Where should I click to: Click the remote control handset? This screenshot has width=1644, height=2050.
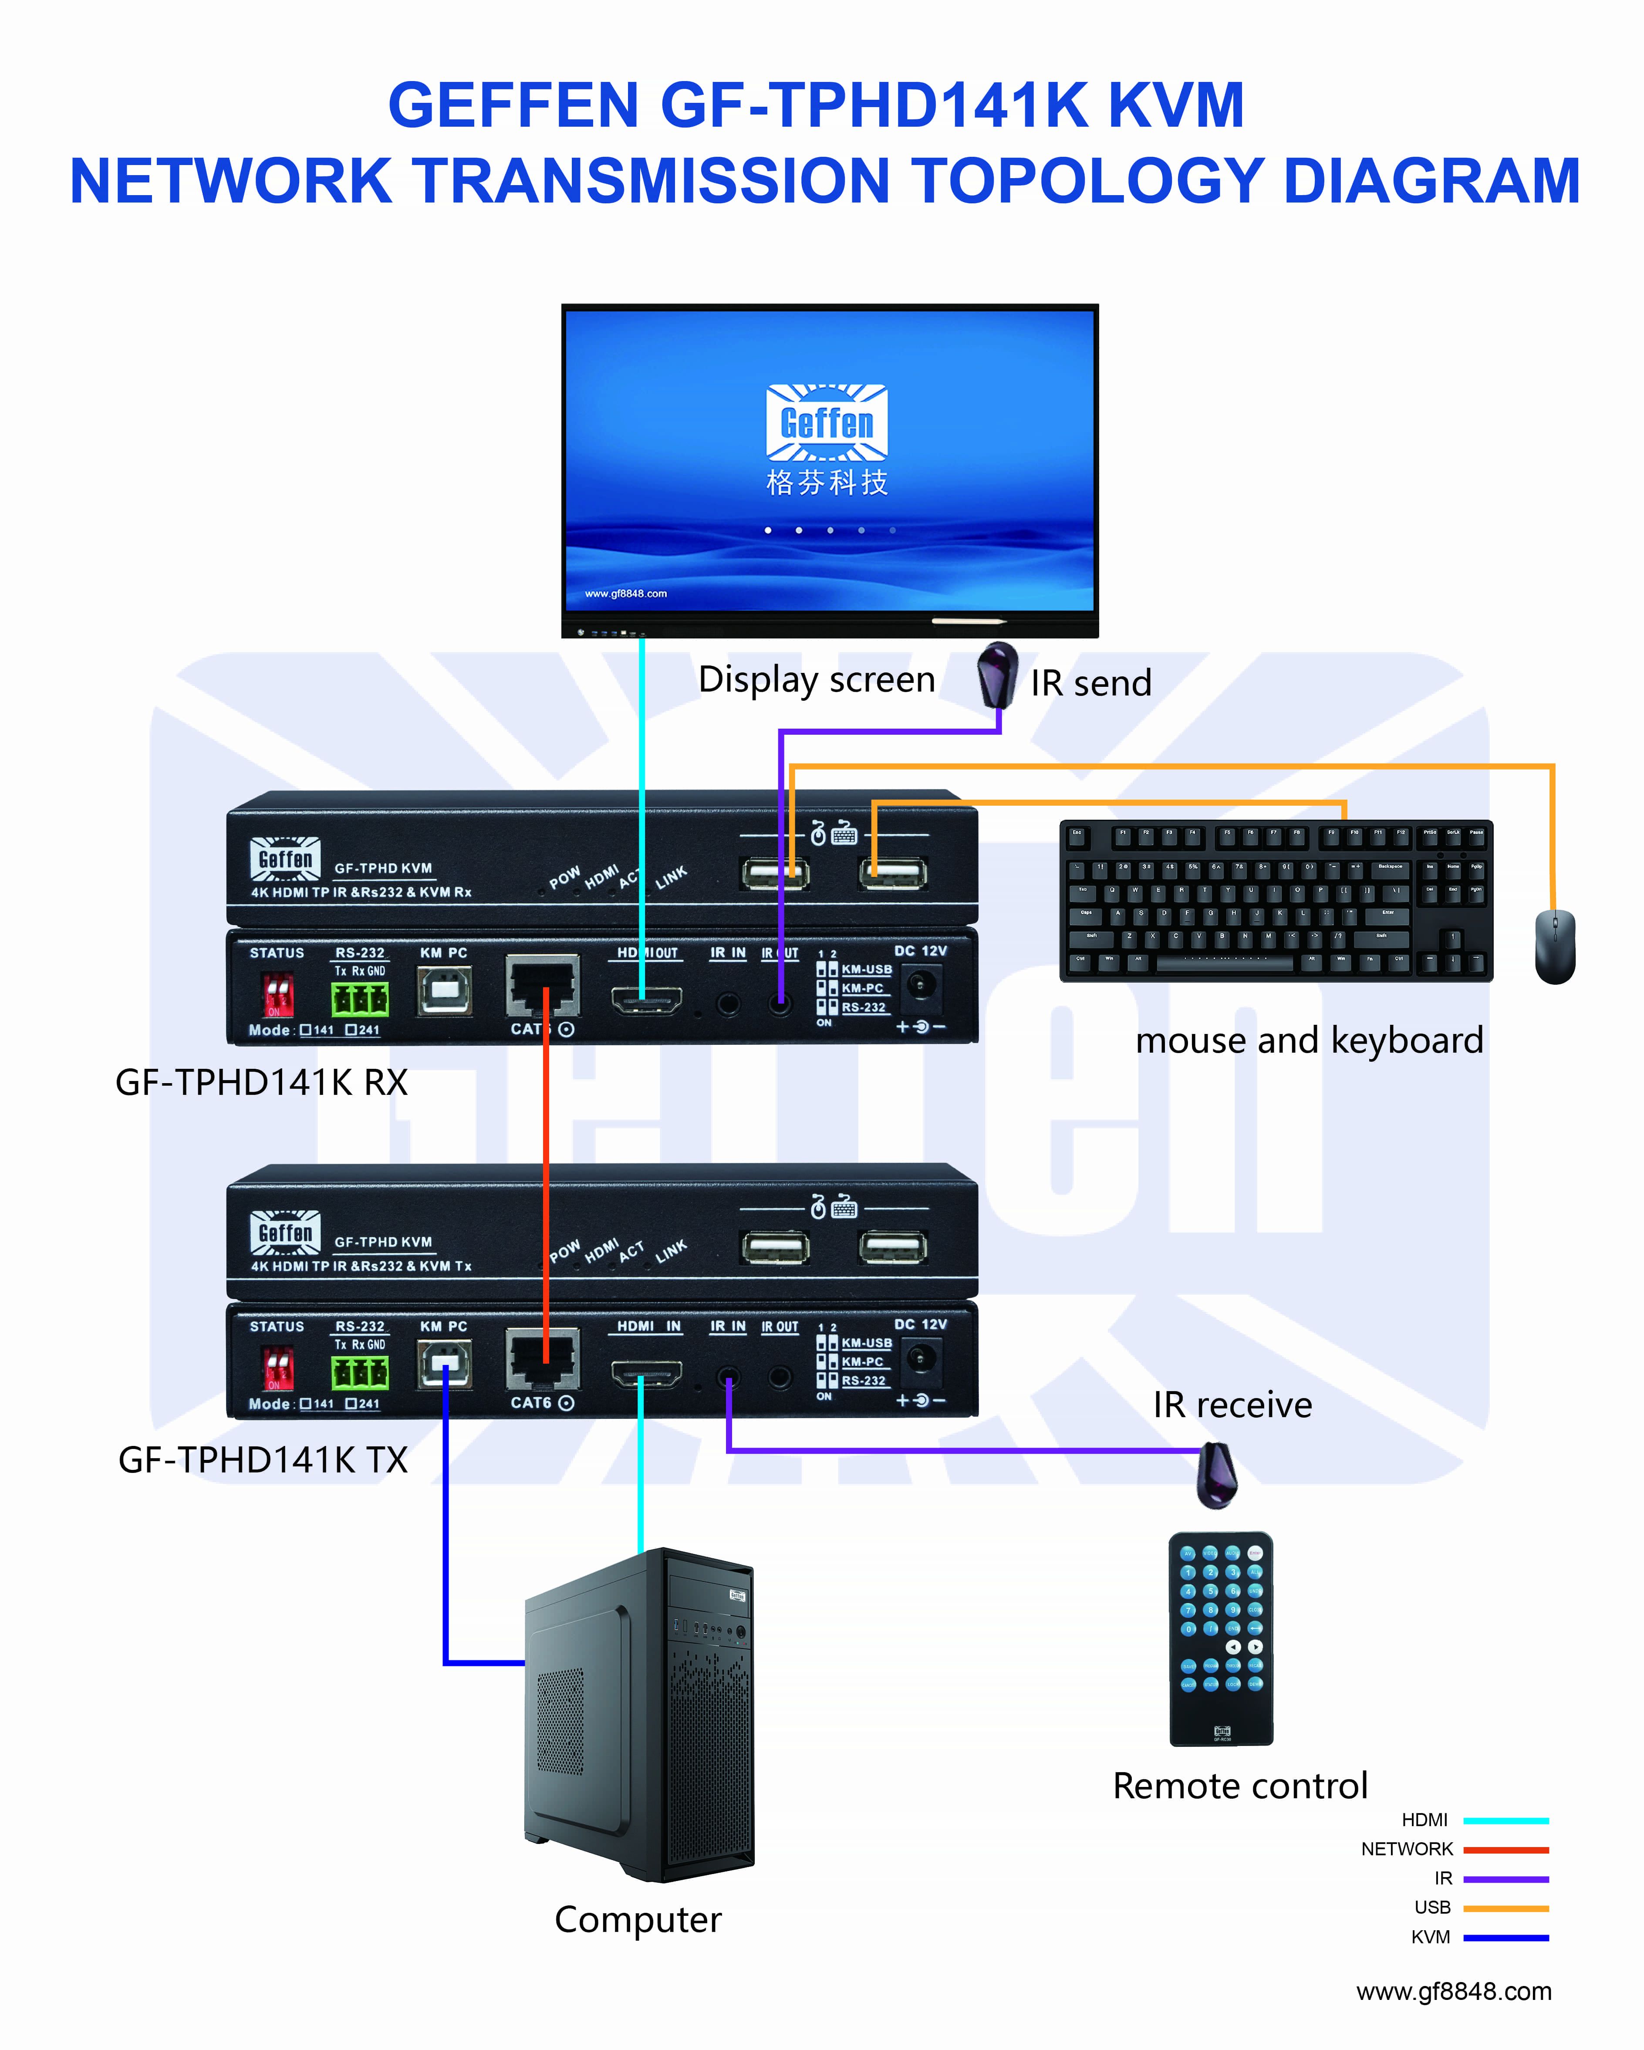pyautogui.click(x=1221, y=1637)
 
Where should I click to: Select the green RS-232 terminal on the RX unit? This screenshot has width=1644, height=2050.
pyautogui.click(x=359, y=998)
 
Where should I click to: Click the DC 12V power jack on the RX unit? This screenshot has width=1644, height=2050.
pyautogui.click(x=919, y=984)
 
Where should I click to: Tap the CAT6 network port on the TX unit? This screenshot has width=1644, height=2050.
pyautogui.click(x=543, y=1361)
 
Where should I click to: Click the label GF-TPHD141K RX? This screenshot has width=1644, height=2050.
pyautogui.click(x=261, y=1082)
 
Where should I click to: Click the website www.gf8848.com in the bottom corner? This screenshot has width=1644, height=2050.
pyautogui.click(x=1454, y=1991)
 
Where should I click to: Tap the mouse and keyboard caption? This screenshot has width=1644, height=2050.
pyautogui.click(x=1309, y=1040)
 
